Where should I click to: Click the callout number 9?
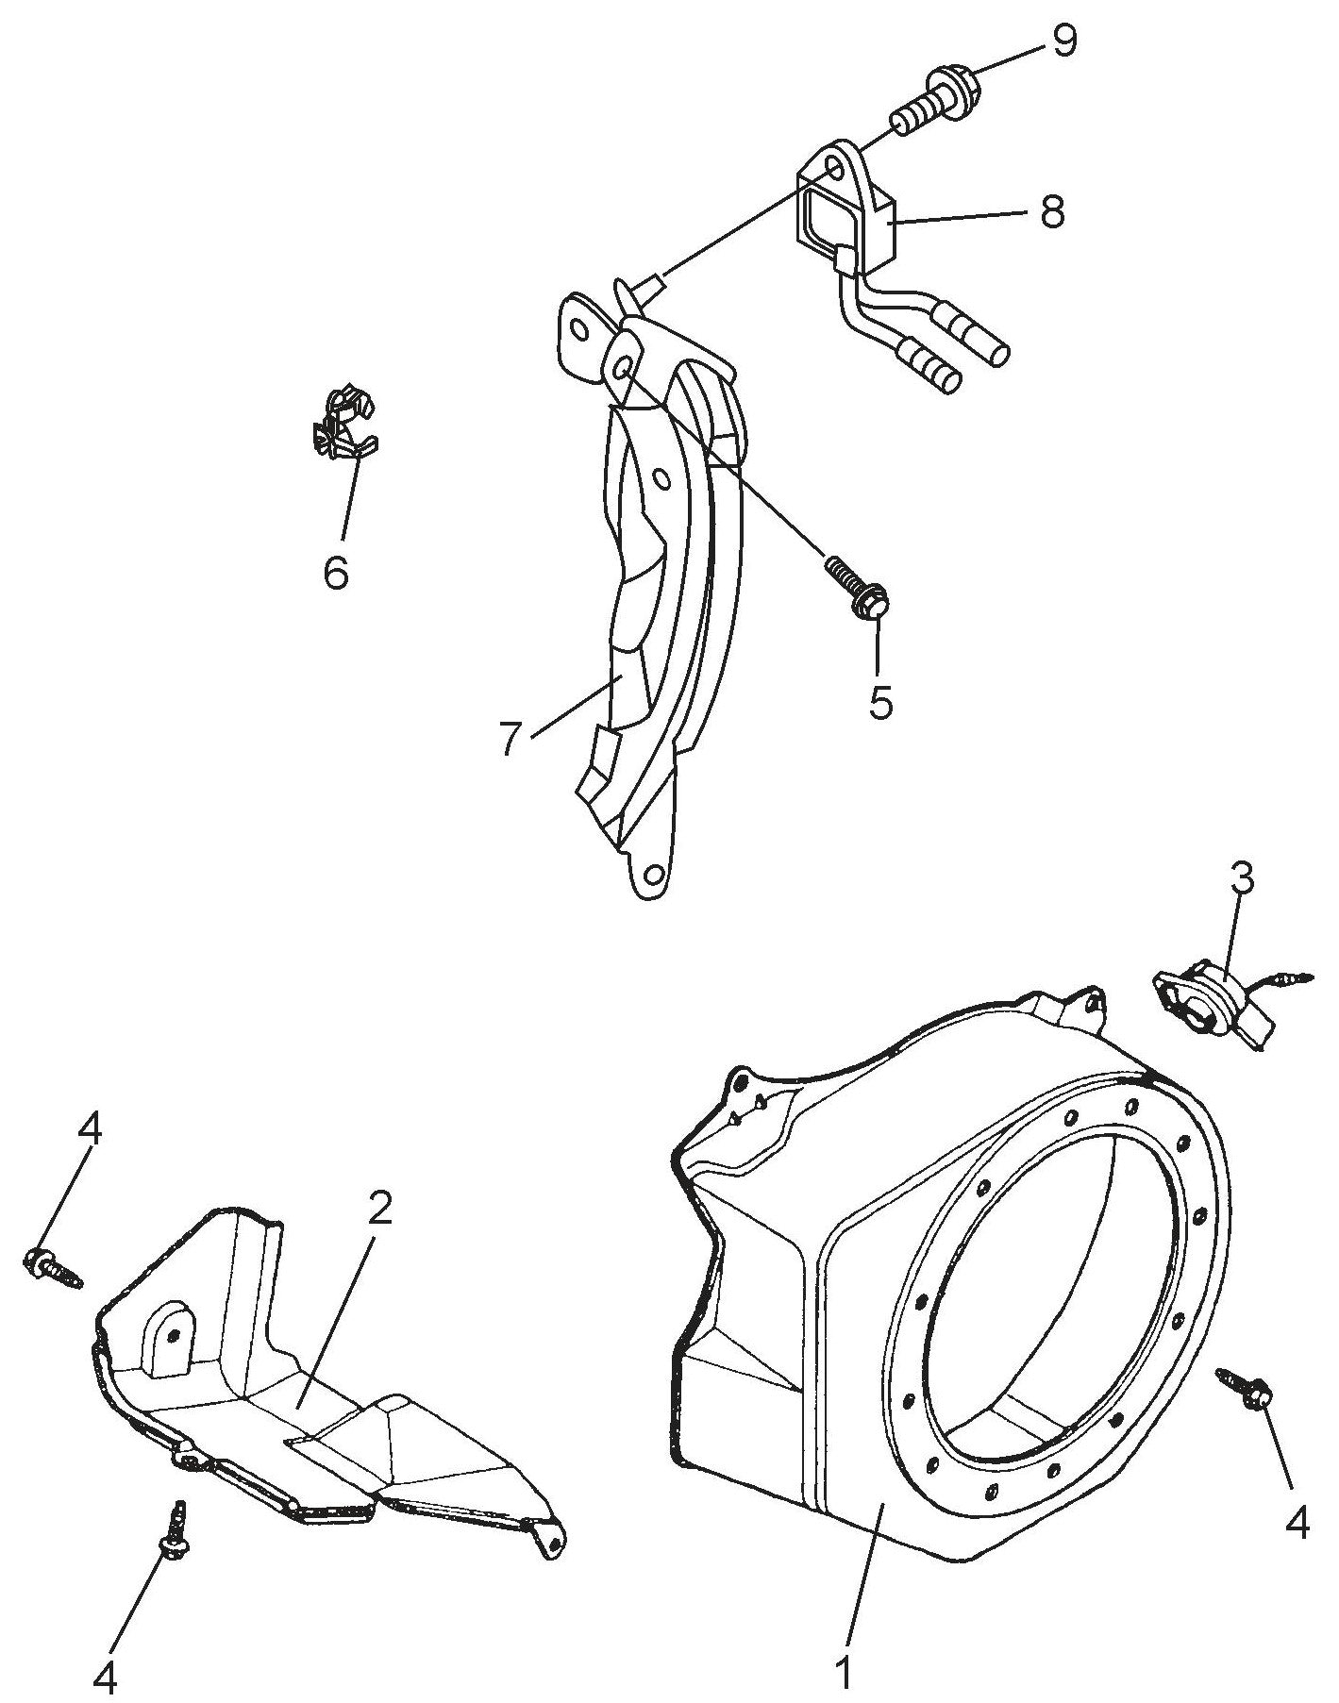pos(1063,42)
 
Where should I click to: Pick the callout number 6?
pos(336,572)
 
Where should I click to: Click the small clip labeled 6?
pos(343,423)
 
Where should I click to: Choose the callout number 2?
pos(379,1209)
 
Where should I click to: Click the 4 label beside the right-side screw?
pos(1297,1522)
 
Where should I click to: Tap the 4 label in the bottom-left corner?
pos(106,1677)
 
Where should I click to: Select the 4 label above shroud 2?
pos(91,1131)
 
